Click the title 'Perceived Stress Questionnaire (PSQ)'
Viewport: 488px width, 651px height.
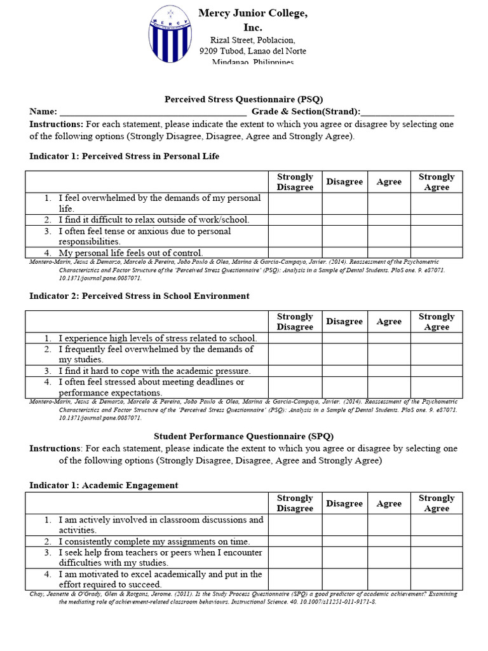(244, 99)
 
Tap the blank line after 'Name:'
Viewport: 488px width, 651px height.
(153, 112)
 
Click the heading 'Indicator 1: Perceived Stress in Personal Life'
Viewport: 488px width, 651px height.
(125, 156)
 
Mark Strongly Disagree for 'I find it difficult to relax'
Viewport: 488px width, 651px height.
(295, 220)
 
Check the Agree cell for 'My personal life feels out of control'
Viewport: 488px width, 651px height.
(389, 252)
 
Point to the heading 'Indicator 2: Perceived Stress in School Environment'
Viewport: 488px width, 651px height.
(139, 296)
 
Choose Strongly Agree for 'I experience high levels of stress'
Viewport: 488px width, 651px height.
(436, 338)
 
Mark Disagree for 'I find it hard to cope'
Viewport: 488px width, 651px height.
(344, 371)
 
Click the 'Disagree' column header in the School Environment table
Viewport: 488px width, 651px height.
(344, 322)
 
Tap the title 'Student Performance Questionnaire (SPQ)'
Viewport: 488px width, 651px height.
(244, 437)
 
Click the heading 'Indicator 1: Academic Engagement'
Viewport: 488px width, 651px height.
(104, 485)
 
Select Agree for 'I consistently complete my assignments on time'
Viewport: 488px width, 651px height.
(389, 542)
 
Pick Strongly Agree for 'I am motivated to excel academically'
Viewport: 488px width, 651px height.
(436, 579)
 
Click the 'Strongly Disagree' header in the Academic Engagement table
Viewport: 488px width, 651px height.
(295, 504)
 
